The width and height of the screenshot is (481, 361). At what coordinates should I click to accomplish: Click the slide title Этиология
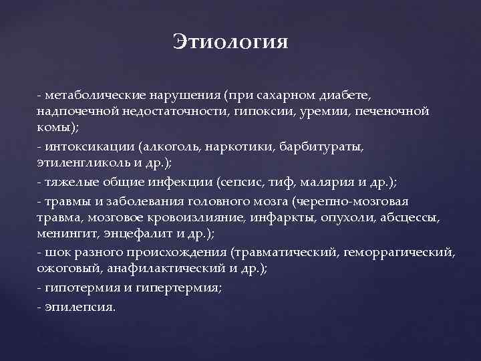[x=231, y=41]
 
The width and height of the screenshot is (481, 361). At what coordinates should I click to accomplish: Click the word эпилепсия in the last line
[x=81, y=306]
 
